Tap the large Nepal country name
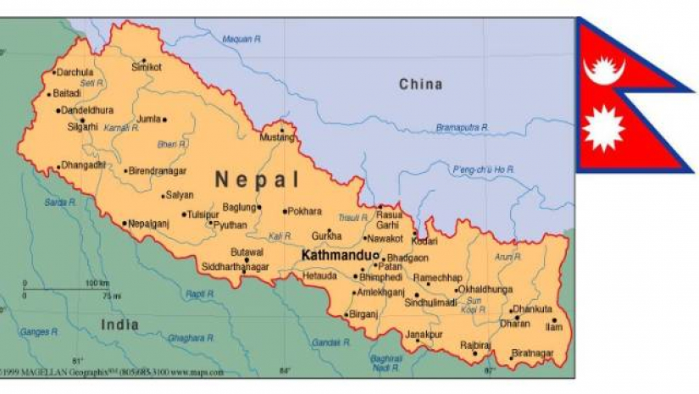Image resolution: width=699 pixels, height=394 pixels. (257, 180)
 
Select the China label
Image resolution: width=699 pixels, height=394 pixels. (421, 84)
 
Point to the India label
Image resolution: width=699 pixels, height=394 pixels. (119, 325)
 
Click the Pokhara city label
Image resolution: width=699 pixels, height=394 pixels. (305, 211)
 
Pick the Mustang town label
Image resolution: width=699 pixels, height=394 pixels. (276, 137)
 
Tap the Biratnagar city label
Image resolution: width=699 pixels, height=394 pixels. (533, 352)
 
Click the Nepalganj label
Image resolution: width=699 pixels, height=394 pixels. (149, 224)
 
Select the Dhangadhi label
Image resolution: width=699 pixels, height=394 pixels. (82, 165)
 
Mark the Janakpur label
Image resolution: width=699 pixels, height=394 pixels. (424, 334)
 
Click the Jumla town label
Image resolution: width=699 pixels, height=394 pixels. (148, 119)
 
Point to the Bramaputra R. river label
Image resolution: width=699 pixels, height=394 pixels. (462, 127)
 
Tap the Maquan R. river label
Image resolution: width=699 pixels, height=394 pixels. (240, 38)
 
